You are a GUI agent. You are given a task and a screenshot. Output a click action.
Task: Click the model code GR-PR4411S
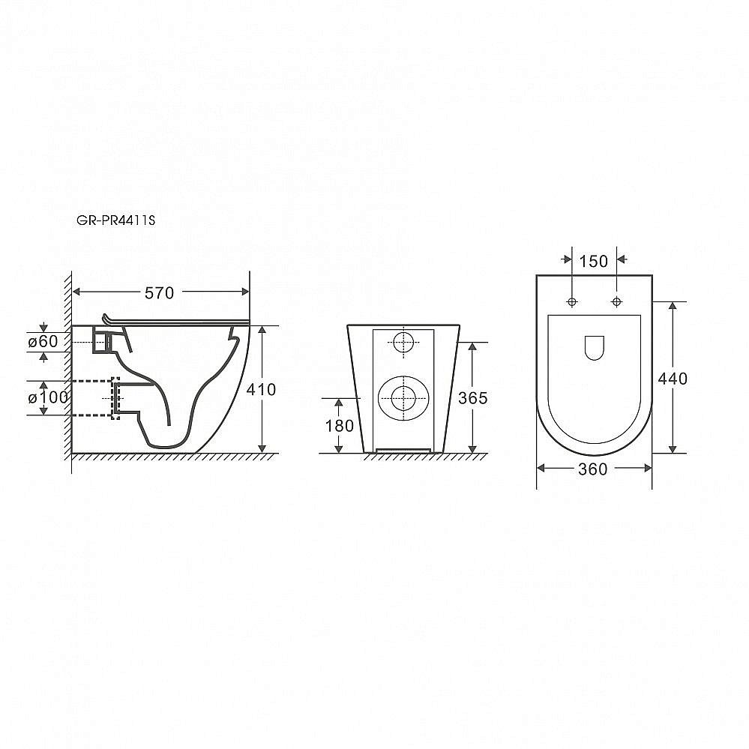pyautogui.click(x=116, y=220)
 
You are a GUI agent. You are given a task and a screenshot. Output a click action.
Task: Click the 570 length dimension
pyautogui.click(x=159, y=293)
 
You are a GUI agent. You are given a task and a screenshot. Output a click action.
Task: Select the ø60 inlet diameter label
pyautogui.click(x=43, y=342)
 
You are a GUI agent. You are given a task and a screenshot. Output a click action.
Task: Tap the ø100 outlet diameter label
pyautogui.click(x=48, y=397)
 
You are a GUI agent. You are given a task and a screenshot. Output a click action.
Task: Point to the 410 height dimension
pyautogui.click(x=261, y=389)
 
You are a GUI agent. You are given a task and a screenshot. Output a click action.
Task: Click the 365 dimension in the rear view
pyautogui.click(x=472, y=398)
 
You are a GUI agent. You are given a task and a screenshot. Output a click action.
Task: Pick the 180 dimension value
pyautogui.click(x=339, y=426)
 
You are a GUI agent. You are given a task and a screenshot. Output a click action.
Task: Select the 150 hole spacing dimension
pyautogui.click(x=594, y=262)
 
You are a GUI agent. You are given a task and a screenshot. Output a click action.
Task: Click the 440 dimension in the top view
pyautogui.click(x=673, y=379)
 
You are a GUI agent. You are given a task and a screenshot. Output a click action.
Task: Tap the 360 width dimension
pyautogui.click(x=593, y=469)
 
